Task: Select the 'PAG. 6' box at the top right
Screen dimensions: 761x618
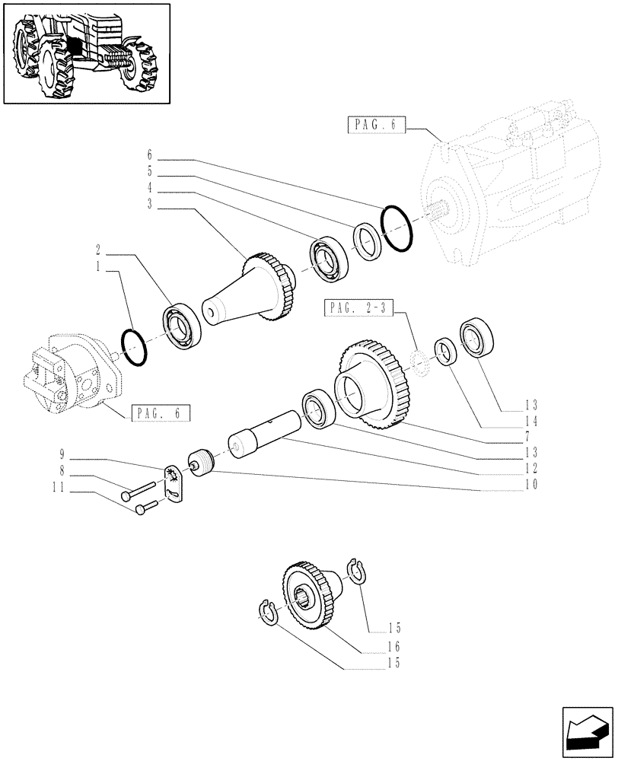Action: (377, 124)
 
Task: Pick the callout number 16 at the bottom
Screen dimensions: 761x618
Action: (393, 646)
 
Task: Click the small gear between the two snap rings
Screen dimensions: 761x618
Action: (312, 597)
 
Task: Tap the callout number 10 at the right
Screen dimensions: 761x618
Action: (531, 484)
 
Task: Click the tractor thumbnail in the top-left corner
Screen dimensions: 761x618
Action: (86, 53)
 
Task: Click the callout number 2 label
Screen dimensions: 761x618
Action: (100, 249)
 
